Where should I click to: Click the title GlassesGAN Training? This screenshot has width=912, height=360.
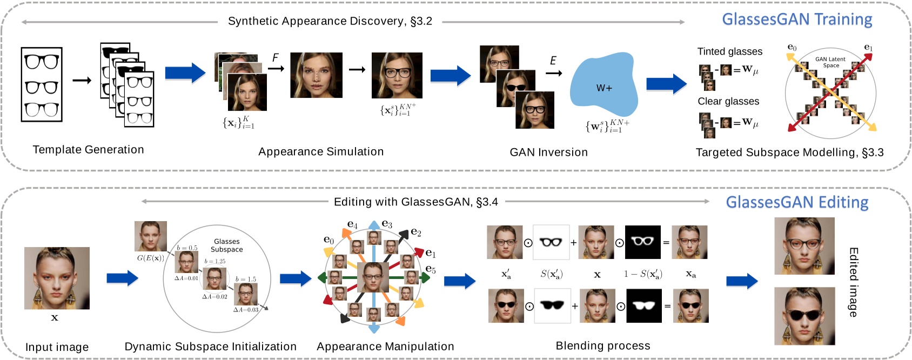[797, 19]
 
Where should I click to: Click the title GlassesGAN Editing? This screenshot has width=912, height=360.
[797, 202]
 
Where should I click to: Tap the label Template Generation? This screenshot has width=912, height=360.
[88, 150]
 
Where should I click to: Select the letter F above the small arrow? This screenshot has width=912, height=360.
[276, 57]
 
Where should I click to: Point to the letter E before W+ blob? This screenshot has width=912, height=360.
[553, 61]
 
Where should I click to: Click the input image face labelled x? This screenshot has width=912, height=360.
[57, 278]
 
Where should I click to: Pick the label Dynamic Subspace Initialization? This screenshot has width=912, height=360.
[210, 346]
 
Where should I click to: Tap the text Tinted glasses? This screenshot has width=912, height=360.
[729, 51]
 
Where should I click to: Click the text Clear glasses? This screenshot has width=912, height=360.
[728, 101]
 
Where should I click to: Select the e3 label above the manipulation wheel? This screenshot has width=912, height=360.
[387, 224]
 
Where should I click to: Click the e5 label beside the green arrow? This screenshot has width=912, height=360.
[431, 269]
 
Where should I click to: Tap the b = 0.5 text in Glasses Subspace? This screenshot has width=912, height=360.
[187, 248]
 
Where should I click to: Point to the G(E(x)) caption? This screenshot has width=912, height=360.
[150, 258]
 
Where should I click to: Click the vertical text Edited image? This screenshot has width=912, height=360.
[853, 282]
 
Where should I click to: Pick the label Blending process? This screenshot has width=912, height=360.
[602, 345]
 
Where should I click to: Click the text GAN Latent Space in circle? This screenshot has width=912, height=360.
[830, 62]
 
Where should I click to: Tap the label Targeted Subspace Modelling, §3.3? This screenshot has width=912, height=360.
[789, 152]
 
